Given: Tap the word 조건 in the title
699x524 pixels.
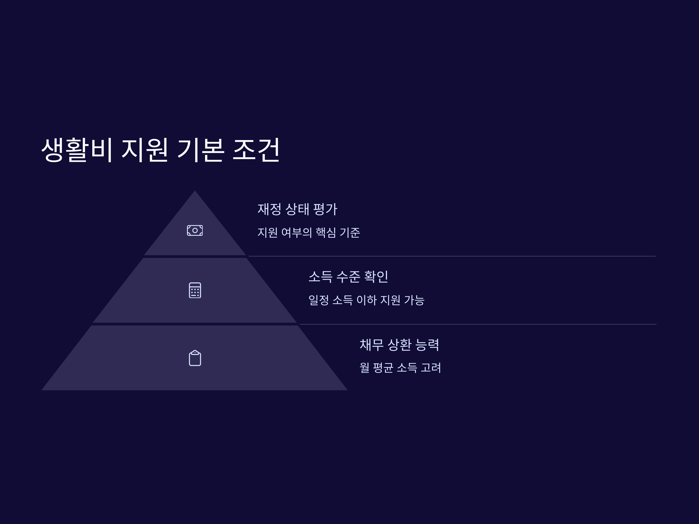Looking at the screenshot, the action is pyautogui.click(x=256, y=149).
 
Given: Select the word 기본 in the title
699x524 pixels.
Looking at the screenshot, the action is pyautogui.click(x=201, y=149).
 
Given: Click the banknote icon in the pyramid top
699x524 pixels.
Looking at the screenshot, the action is pyautogui.click(x=195, y=230).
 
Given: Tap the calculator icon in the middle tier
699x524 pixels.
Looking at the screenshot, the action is pyautogui.click(x=195, y=290).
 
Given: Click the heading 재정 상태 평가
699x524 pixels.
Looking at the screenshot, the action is pyautogui.click(x=297, y=209).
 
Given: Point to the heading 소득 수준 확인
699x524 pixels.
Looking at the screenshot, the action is pyautogui.click(x=348, y=277).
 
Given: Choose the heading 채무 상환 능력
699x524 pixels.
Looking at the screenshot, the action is pyautogui.click(x=399, y=345).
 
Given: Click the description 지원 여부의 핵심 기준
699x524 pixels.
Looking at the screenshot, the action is pyautogui.click(x=308, y=233).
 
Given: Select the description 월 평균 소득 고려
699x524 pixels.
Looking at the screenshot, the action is pyautogui.click(x=400, y=368).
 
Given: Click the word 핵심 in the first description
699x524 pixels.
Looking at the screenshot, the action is pyautogui.click(x=326, y=233).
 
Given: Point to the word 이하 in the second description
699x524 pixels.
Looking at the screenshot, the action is pyautogui.click(x=366, y=300).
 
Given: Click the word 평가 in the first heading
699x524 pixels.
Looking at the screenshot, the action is pyautogui.click(x=325, y=209).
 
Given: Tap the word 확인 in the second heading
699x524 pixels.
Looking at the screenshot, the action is pyautogui.click(x=376, y=277).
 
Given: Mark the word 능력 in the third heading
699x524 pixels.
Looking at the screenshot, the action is pyautogui.click(x=427, y=345).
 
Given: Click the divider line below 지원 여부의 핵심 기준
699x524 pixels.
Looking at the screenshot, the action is pyautogui.click(x=452, y=256).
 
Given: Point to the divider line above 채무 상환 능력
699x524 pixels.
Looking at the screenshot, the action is pyautogui.click(x=477, y=324).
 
